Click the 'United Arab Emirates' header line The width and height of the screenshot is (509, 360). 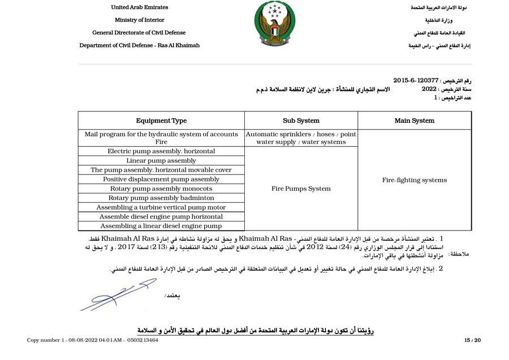point(139,7)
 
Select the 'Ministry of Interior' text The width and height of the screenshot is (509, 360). point(139,20)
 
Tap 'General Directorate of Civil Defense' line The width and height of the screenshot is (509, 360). point(139,33)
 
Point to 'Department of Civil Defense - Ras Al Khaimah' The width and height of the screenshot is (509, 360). point(139,45)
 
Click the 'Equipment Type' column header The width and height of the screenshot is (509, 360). point(161,120)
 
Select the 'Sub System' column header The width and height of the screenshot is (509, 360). point(301,120)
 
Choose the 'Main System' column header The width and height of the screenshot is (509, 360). point(415,120)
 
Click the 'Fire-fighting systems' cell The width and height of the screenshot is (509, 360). point(415,180)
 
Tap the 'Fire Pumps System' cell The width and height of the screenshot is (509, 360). point(301,189)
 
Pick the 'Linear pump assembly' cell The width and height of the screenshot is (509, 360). point(161,161)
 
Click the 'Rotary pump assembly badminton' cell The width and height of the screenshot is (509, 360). point(161,198)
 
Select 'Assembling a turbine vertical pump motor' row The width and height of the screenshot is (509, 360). point(161,207)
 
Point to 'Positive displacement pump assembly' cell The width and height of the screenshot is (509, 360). point(161,179)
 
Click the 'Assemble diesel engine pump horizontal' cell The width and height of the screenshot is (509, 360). point(161,216)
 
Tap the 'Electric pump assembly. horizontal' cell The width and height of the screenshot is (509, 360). point(161,151)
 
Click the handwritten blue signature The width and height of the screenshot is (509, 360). point(113,294)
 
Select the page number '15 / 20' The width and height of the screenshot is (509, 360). point(472,340)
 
